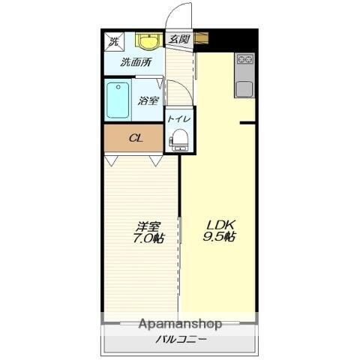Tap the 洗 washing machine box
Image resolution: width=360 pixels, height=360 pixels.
click(115, 41)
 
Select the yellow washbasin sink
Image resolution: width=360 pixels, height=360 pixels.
click(148, 41)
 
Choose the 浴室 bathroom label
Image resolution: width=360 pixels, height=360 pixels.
click(148, 100)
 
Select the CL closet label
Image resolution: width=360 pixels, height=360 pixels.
click(136, 138)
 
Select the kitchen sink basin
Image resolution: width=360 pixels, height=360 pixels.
click(245, 88)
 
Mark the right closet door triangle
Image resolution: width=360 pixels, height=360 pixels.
click(156, 160)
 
